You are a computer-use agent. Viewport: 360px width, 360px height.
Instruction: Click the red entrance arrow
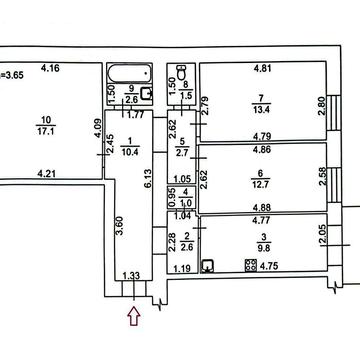(134, 316)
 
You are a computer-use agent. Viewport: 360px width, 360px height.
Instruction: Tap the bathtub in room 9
(130, 74)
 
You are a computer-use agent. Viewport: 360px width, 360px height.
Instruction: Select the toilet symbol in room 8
(182, 72)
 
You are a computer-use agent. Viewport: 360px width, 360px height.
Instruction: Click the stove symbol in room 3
(250, 265)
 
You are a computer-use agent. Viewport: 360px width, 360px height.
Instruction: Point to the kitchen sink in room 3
(208, 266)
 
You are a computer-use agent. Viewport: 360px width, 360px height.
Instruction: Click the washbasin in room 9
(147, 93)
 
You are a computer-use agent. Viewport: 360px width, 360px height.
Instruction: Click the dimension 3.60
(120, 226)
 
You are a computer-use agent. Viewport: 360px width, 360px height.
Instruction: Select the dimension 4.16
(50, 69)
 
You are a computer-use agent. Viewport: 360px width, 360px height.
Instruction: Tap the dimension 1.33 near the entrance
(131, 276)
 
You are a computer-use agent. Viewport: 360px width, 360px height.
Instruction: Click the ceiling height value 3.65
(13, 75)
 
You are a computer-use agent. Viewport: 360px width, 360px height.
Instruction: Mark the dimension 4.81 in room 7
(263, 69)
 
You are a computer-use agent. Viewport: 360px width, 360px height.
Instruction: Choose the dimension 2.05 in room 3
(322, 235)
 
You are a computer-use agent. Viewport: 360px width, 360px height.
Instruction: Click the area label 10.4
(131, 152)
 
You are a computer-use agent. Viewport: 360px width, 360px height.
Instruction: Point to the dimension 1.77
(136, 116)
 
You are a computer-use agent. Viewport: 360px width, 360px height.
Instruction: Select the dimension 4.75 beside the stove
(269, 266)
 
